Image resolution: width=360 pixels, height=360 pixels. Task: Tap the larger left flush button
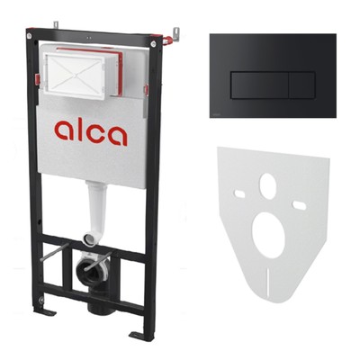(259, 85)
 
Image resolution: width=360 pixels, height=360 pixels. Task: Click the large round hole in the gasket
(268, 235)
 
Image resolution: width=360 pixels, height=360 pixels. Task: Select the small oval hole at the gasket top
(267, 186)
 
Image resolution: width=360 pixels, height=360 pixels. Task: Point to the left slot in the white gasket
(239, 194)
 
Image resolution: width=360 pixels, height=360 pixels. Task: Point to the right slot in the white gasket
(299, 205)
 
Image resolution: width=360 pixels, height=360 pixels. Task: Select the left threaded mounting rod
(55, 252)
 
